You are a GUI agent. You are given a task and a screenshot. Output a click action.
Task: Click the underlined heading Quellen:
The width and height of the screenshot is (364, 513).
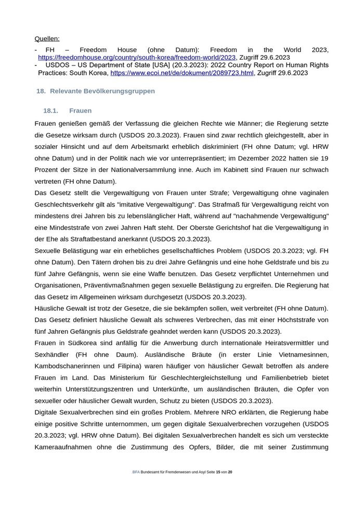(x=47, y=38)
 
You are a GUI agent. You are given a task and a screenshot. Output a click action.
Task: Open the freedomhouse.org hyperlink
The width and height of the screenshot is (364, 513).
(x=137, y=57)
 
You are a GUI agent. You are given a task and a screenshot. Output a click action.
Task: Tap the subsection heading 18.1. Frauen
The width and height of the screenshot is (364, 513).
(x=68, y=111)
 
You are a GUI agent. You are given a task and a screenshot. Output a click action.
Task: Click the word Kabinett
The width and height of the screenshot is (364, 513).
(x=251, y=170)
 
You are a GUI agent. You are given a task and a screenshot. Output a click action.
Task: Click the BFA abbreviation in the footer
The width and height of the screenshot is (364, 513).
(x=136, y=472)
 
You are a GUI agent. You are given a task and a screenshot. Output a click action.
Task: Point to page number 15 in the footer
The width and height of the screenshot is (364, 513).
(x=218, y=472)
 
